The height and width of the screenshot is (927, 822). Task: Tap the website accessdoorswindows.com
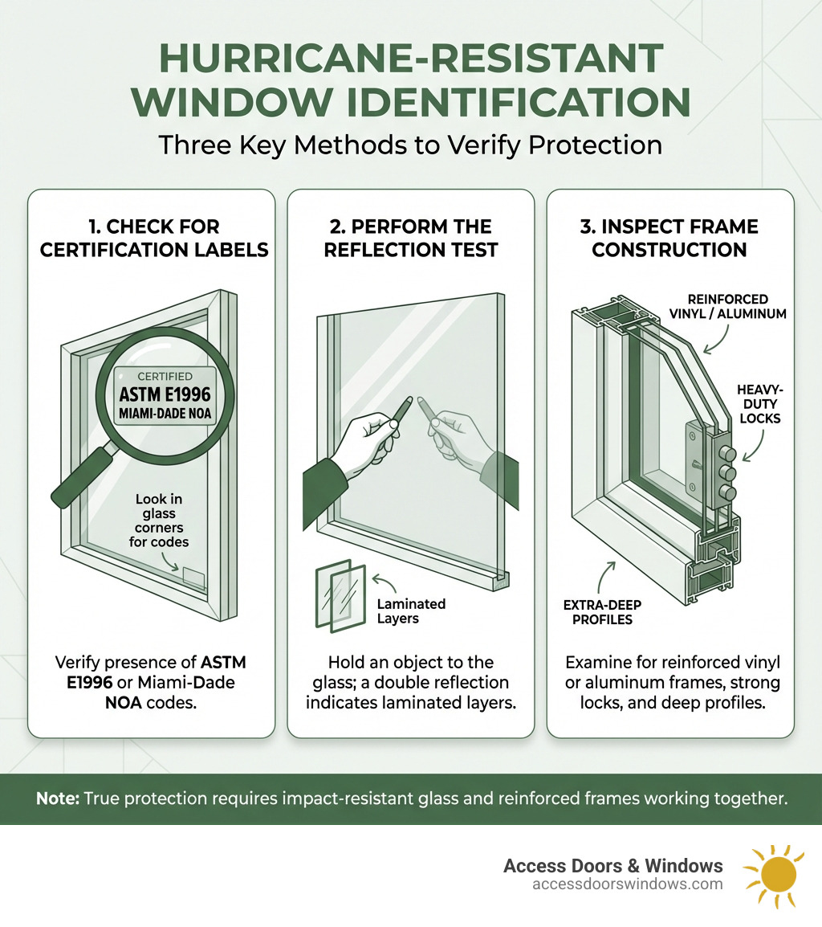click(x=627, y=884)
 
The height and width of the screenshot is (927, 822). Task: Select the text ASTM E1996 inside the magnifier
click(x=165, y=395)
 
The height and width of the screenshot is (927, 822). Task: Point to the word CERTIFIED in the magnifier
click(x=165, y=376)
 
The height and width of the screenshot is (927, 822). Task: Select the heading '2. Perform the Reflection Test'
click(x=410, y=238)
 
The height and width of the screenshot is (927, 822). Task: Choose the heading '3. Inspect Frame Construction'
click(x=669, y=238)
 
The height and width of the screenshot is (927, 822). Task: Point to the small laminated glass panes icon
click(x=340, y=594)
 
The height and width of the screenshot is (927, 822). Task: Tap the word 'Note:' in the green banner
click(x=57, y=799)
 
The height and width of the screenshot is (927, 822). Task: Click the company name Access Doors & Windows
click(x=612, y=865)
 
